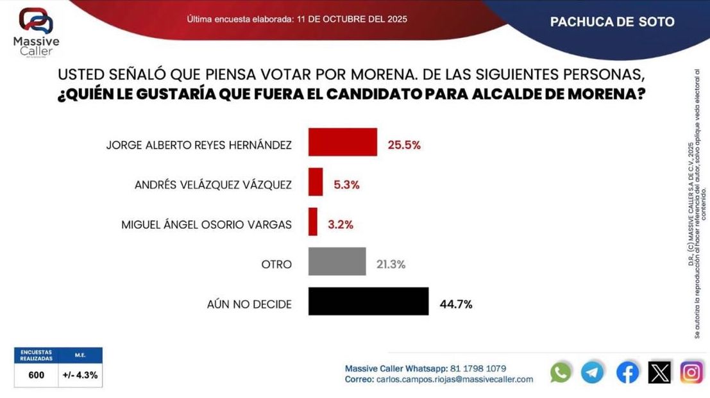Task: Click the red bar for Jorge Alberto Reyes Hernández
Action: (342, 142)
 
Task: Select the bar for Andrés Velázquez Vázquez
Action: (316, 182)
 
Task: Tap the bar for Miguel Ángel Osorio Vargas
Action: (313, 222)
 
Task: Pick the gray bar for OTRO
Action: (337, 261)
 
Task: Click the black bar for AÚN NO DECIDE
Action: (368, 301)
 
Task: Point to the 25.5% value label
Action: (404, 145)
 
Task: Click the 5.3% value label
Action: (346, 185)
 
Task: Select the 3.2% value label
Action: (340, 224)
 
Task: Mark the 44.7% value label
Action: (456, 304)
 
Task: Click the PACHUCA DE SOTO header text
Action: (613, 22)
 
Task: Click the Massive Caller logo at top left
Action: (36, 32)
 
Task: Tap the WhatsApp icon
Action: (561, 372)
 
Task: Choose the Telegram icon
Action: (593, 372)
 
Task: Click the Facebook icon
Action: (627, 372)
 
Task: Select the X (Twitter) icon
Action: (659, 372)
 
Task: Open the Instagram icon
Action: (691, 372)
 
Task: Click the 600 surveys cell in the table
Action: (37, 376)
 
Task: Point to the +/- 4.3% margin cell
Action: (80, 376)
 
